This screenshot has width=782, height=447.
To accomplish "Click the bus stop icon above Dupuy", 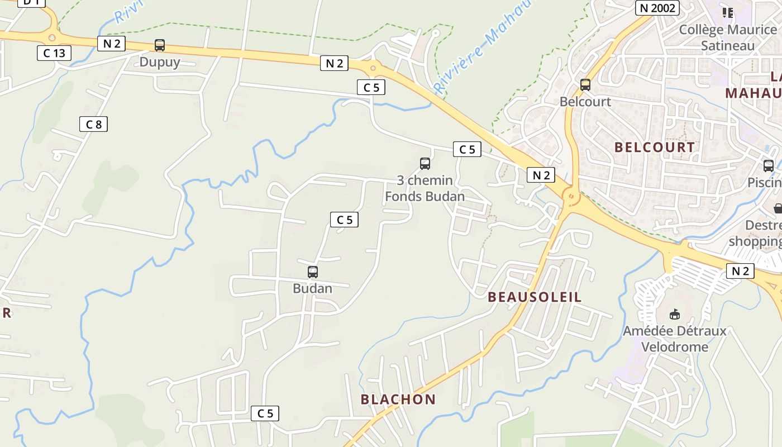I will (160, 45).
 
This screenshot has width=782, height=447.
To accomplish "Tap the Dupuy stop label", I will (160, 62).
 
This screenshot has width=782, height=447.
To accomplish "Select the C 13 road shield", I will (54, 53).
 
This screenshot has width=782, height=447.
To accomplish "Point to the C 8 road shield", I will (93, 124).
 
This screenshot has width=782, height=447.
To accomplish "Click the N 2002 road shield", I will (657, 8).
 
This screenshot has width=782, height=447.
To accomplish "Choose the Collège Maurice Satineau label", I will (727, 37).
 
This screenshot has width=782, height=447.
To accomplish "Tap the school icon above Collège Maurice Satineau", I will (727, 12).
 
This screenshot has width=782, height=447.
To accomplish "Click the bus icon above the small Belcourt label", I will (585, 85).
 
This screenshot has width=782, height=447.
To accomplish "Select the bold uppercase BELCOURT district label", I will (655, 148).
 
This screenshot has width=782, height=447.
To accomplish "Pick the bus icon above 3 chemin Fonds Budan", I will (425, 164).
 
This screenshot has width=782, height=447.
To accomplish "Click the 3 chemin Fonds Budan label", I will (425, 189).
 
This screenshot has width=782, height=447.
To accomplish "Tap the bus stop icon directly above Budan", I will (313, 272).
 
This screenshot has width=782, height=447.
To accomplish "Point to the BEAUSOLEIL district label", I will (535, 297).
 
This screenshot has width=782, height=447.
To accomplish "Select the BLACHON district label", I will (398, 400).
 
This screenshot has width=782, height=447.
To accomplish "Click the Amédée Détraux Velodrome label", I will (675, 339).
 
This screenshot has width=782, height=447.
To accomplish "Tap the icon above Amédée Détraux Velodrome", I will (675, 314).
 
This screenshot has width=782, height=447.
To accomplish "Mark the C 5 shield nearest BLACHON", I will (265, 413).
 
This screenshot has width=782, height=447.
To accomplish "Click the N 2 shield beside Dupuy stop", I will (111, 44).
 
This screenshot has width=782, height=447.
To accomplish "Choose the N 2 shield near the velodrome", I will (740, 271).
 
